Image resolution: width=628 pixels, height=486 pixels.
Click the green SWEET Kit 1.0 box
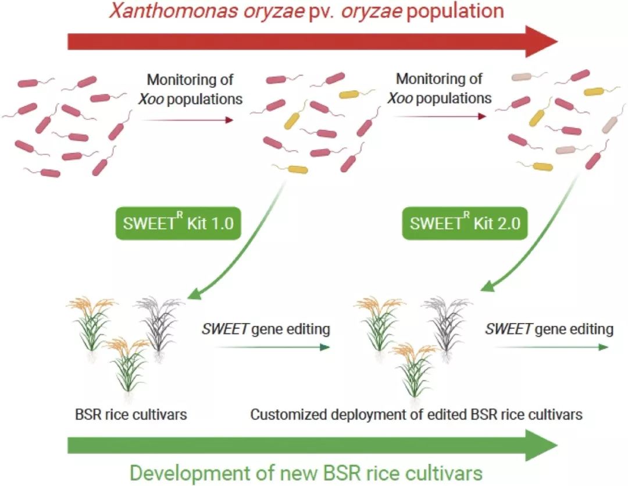[x=179, y=223]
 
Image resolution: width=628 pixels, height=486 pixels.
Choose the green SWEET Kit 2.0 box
[x=465, y=223]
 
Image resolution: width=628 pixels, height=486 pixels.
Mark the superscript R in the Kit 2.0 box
[x=466, y=215]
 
